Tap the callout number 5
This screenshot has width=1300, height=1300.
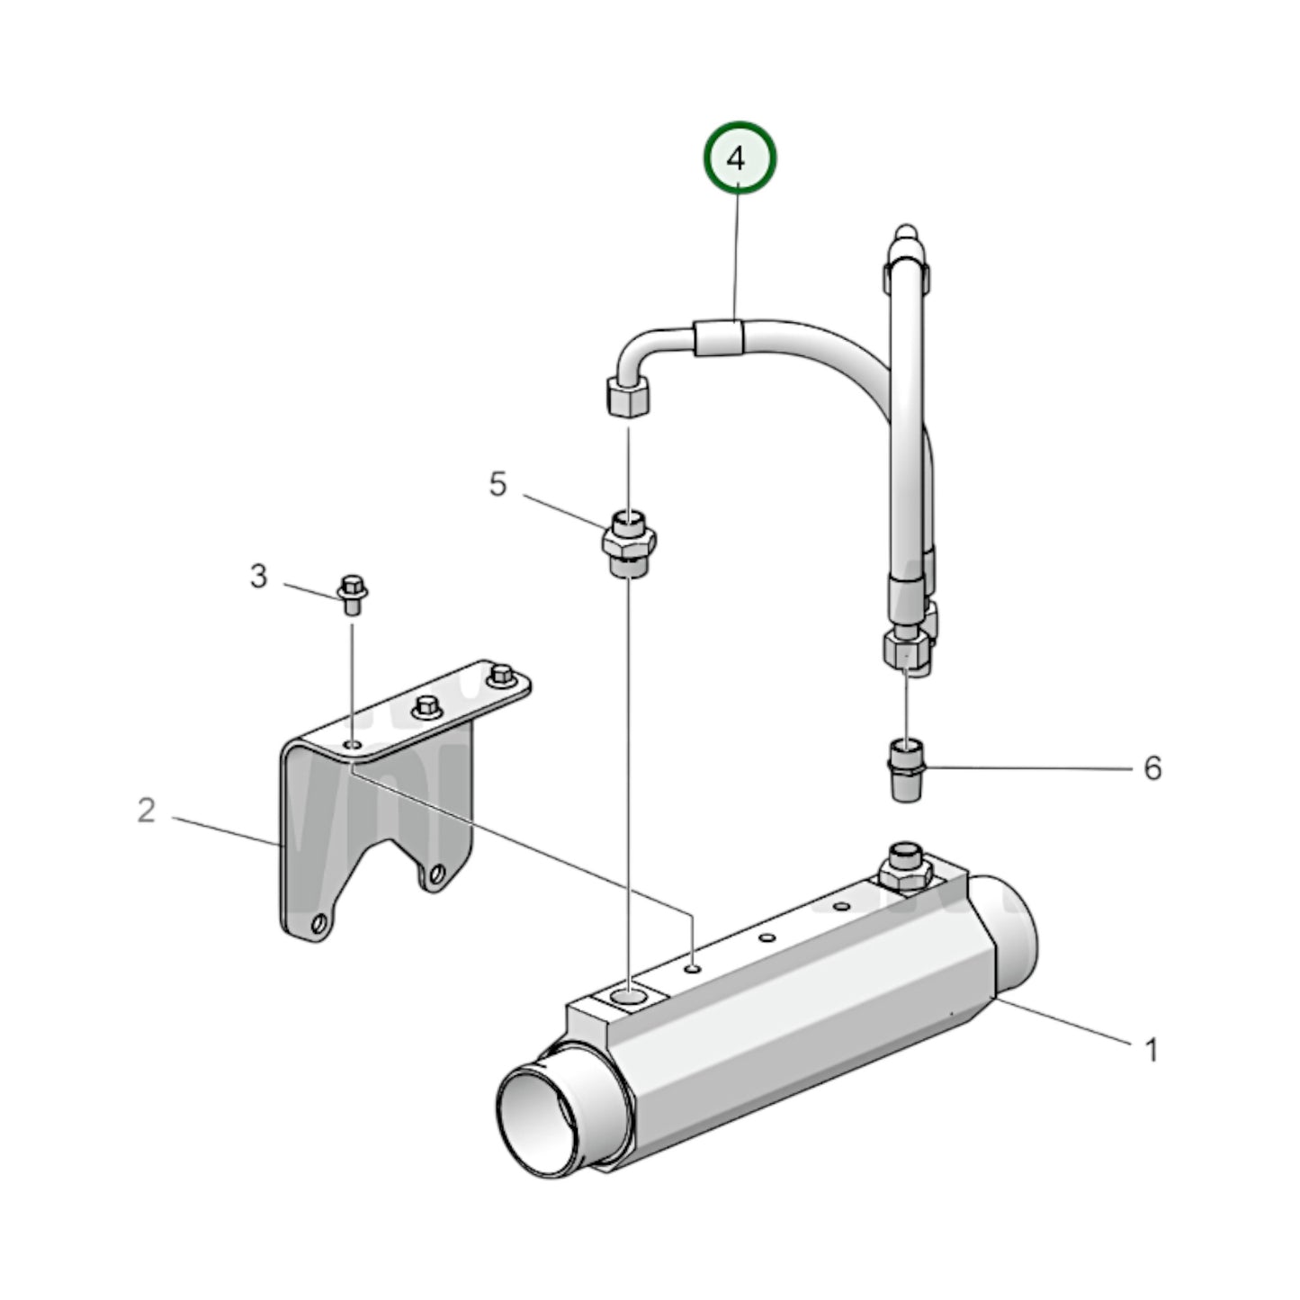498,484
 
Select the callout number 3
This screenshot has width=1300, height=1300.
258,576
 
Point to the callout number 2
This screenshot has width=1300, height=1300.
147,811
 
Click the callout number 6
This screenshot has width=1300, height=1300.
1152,768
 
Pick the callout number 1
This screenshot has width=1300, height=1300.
1150,1049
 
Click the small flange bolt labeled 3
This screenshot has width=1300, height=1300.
353,594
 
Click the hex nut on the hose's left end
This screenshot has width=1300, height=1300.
628,397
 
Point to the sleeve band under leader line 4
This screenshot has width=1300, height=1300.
719,338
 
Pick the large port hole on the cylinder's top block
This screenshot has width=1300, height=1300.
629,996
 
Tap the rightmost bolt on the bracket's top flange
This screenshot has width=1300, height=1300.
500,676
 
